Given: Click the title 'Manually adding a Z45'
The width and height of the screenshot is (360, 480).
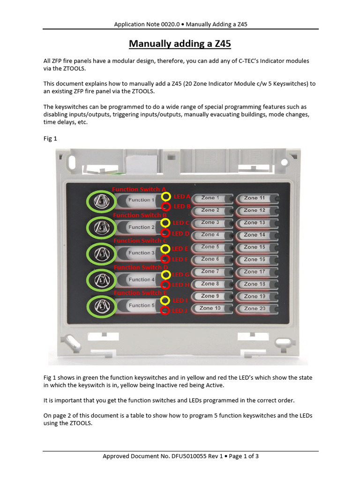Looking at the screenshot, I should pyautogui.click(x=180, y=44).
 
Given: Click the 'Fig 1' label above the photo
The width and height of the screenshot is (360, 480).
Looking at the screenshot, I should pyautogui.click(x=50, y=139).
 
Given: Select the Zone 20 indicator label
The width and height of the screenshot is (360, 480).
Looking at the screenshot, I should pyautogui.click(x=255, y=308).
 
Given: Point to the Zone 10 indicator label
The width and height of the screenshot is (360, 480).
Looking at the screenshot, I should pyautogui.click(x=210, y=308).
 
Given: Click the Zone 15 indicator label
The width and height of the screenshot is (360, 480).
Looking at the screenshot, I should pyautogui.click(x=255, y=247).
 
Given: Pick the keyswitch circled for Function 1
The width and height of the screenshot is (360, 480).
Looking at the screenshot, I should pyautogui.click(x=100, y=202).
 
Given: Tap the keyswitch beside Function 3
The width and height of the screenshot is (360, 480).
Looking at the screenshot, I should pyautogui.click(x=100, y=254).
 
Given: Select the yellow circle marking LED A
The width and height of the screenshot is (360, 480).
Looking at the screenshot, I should pyautogui.click(x=165, y=196).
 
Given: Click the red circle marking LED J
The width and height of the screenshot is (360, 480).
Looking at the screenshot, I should pyautogui.click(x=165, y=310).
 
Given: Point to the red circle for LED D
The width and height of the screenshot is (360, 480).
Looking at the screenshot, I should pyautogui.click(x=165, y=233).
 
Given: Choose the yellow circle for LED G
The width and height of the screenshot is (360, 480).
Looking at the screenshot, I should pyautogui.click(x=165, y=274).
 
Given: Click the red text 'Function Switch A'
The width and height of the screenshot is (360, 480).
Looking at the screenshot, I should pyautogui.click(x=139, y=189).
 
